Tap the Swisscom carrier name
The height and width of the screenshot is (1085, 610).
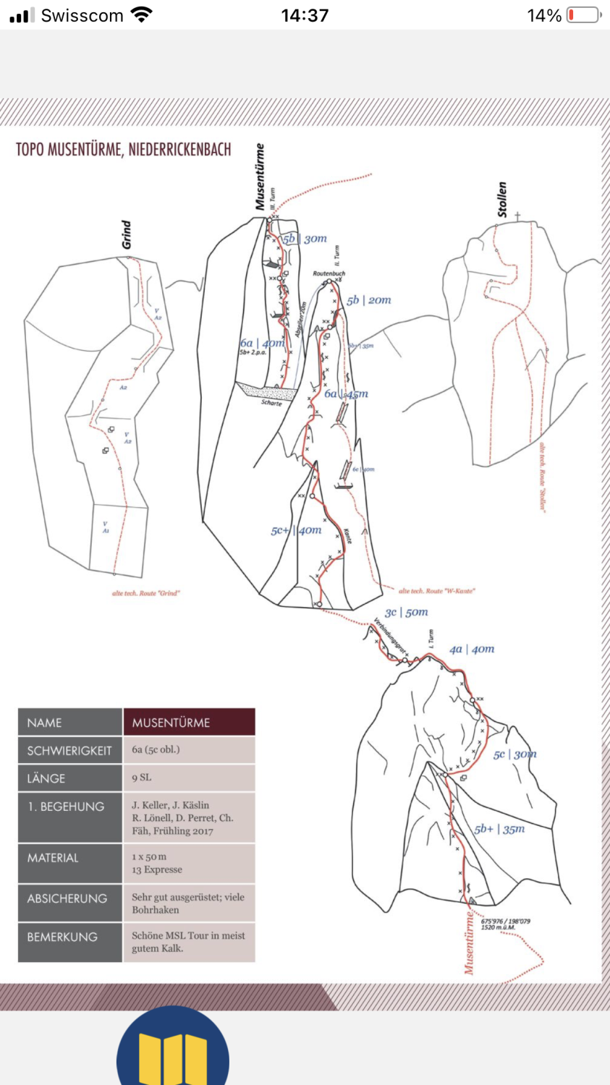(82, 15)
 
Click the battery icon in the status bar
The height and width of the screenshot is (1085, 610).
(583, 15)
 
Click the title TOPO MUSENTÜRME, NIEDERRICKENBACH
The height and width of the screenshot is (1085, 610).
(124, 150)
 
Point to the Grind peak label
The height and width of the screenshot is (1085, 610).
(127, 235)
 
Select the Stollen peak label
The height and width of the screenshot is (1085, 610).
(502, 200)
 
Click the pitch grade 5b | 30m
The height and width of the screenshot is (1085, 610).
(305, 239)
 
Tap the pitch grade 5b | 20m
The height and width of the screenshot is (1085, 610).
(368, 300)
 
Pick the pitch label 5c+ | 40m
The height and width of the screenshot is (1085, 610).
(296, 530)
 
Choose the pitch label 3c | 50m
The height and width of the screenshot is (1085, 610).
(406, 613)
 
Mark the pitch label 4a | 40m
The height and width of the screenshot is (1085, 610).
(472, 650)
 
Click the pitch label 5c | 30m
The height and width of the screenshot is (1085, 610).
(514, 754)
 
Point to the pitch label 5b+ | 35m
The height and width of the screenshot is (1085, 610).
(499, 829)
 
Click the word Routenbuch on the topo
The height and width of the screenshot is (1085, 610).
(329, 273)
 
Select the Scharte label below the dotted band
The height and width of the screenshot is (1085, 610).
(271, 403)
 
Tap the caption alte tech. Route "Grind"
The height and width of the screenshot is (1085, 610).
(145, 593)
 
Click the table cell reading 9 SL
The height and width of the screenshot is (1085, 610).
(142, 778)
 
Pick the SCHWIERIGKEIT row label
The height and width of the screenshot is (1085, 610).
(69, 751)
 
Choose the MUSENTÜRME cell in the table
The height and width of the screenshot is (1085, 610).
(171, 723)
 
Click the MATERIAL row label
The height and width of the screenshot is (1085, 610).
(53, 858)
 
